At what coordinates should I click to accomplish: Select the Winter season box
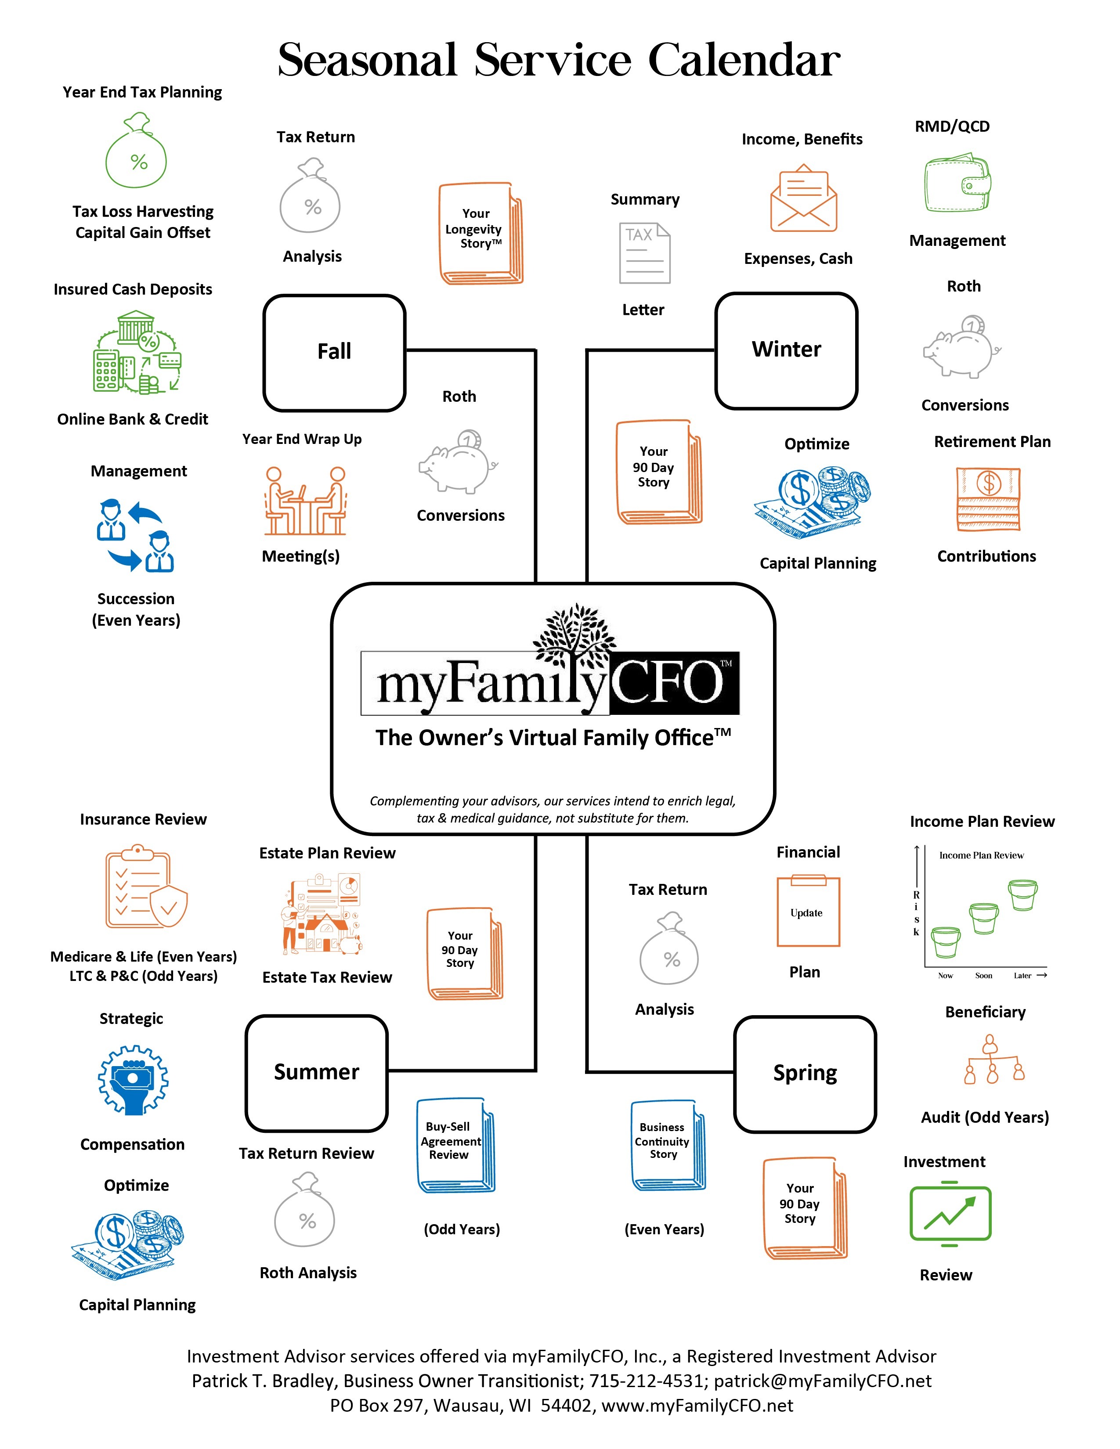click(x=786, y=350)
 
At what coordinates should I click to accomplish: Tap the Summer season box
click(x=317, y=1072)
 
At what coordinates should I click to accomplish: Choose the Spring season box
click(x=805, y=1074)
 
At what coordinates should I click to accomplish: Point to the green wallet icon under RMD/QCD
click(x=957, y=184)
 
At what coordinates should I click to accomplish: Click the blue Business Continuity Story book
click(x=668, y=1146)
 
